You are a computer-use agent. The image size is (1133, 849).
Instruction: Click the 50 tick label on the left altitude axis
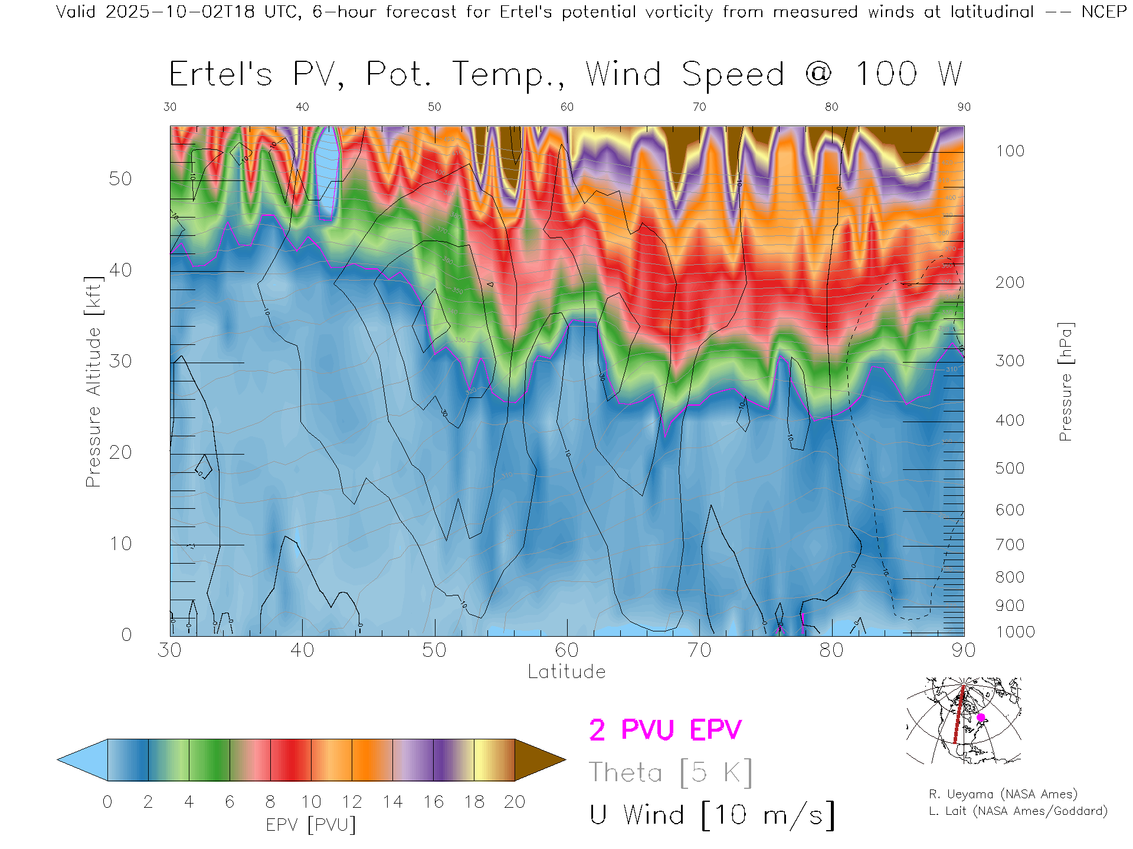click(x=120, y=179)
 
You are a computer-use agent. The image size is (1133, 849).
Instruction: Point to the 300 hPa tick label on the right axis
click(x=1010, y=361)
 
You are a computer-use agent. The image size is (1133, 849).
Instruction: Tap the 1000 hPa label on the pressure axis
click(x=1015, y=632)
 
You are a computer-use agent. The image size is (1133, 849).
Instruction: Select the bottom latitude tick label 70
click(x=699, y=650)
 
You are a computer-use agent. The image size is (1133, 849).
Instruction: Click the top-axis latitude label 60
click(x=566, y=107)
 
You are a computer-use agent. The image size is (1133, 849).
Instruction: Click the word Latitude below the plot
click(x=566, y=672)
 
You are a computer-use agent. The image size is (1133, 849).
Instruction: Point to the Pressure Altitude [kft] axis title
click(x=93, y=381)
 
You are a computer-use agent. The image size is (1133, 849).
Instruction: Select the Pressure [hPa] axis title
click(x=1065, y=381)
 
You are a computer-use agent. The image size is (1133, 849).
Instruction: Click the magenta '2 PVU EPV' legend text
click(x=665, y=730)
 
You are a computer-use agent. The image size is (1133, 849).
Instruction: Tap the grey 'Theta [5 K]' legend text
click(x=670, y=772)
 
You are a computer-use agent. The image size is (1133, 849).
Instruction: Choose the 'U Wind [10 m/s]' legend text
click(x=712, y=815)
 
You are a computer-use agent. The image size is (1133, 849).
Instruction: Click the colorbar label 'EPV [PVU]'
click(x=311, y=825)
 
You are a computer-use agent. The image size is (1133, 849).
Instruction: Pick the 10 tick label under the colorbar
click(x=311, y=802)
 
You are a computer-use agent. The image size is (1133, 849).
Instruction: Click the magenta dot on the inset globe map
click(x=981, y=718)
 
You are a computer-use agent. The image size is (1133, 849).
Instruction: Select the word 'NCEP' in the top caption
click(x=1103, y=12)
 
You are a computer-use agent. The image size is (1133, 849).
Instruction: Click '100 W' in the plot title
click(x=909, y=74)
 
